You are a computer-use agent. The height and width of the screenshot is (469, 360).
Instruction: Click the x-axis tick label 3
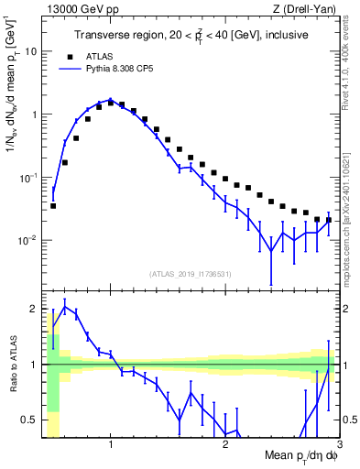click(x=340, y=446)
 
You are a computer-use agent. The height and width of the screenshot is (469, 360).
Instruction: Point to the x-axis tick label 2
click(x=225, y=446)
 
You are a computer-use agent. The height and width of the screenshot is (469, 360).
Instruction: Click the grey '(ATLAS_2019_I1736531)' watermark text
click(x=191, y=274)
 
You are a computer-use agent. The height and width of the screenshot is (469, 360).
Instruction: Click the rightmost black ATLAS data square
click(x=329, y=220)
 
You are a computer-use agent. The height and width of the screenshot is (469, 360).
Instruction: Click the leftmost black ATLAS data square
click(x=53, y=206)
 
